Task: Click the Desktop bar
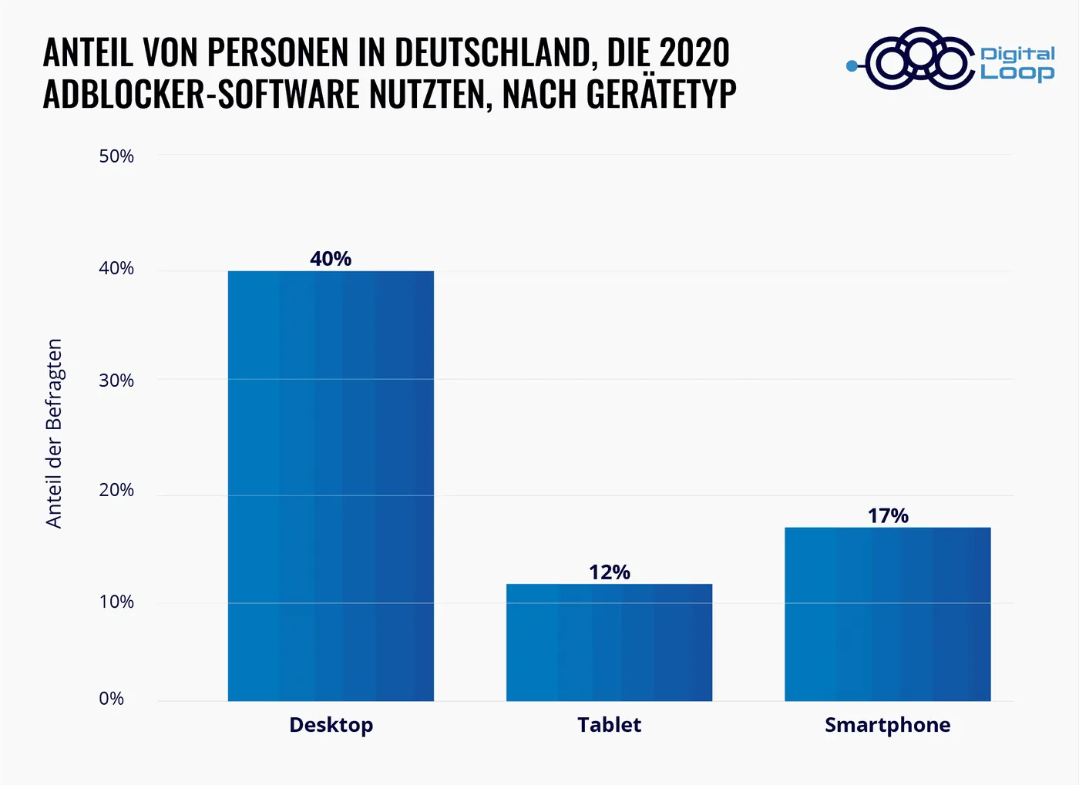click(331, 485)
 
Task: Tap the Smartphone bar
click(887, 614)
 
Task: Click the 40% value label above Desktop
click(331, 259)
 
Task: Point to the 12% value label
click(609, 572)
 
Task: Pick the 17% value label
click(888, 516)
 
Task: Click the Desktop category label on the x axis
click(331, 725)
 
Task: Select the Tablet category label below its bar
click(609, 725)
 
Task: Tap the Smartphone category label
click(887, 725)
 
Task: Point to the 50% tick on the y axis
click(116, 156)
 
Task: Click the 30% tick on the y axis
click(116, 381)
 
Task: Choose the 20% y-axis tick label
click(116, 490)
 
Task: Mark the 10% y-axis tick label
click(116, 602)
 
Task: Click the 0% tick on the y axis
click(112, 699)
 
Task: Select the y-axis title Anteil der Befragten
click(54, 434)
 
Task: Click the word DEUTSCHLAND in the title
click(493, 52)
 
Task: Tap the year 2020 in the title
click(694, 52)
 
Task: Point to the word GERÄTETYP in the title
click(661, 94)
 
